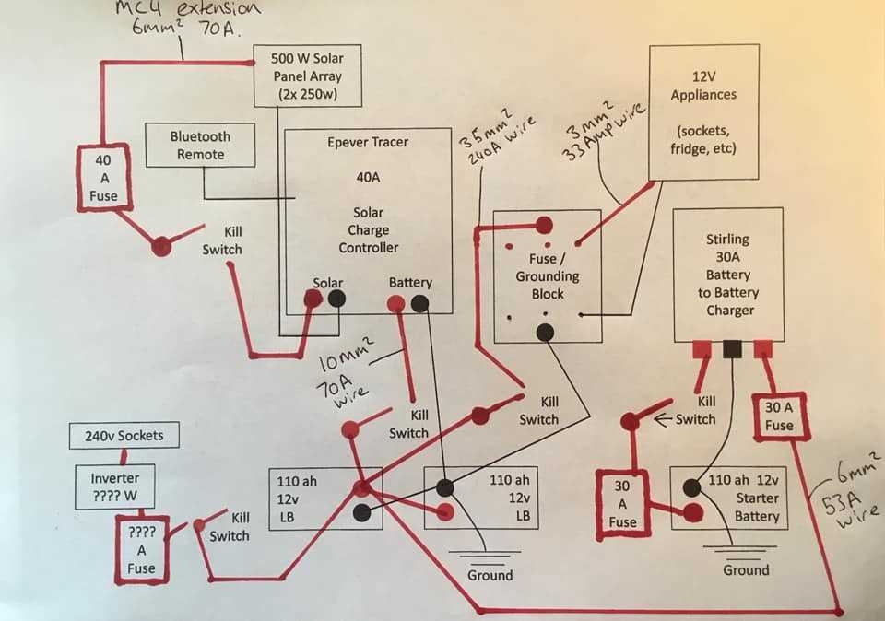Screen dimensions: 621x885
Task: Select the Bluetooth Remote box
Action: click(200, 146)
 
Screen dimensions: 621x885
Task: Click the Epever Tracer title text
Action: click(367, 142)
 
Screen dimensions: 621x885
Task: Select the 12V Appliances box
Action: click(703, 111)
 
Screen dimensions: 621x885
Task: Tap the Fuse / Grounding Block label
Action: click(547, 276)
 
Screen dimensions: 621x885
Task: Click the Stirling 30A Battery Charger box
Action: click(728, 275)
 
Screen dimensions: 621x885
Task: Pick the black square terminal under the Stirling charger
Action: click(733, 349)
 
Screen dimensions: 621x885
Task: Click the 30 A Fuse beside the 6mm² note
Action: click(779, 416)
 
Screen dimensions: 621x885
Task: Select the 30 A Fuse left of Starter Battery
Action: click(623, 503)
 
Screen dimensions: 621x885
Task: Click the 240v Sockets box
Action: click(124, 436)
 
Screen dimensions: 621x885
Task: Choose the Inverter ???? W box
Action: click(114, 487)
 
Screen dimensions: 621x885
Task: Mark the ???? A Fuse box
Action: click(141, 550)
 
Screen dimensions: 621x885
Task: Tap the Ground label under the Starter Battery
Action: click(745, 570)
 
